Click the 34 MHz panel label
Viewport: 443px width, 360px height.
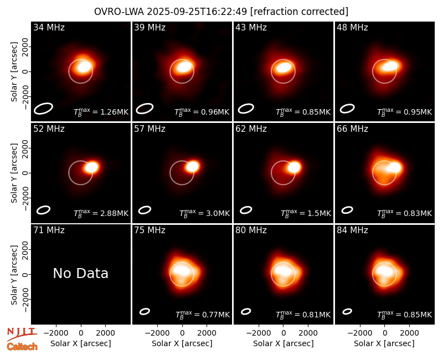49,27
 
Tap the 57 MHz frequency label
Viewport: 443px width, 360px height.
150,129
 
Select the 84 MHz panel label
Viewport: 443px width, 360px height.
352,230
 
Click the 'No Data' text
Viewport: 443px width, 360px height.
81,273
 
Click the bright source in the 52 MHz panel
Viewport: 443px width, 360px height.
91,167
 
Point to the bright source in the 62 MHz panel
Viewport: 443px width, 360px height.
294,167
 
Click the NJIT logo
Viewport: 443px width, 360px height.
22,333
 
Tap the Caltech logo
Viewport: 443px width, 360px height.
22,347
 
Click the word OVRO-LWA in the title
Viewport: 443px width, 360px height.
119,12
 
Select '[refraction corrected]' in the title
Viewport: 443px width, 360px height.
299,12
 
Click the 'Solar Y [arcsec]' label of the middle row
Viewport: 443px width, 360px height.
14,173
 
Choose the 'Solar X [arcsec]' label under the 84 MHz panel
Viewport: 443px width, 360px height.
384,343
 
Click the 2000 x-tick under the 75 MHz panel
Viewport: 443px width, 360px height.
207,333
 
